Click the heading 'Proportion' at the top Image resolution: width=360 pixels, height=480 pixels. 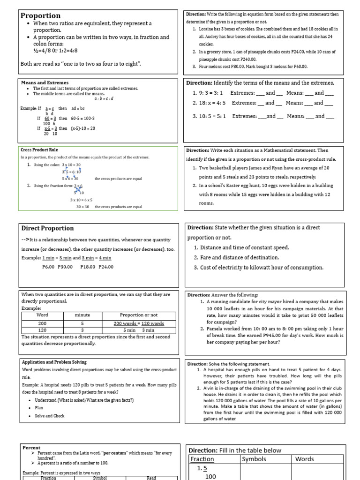tap(41, 15)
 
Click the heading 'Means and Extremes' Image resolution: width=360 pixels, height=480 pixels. tap(45, 83)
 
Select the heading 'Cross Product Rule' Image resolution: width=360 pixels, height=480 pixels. tap(39, 150)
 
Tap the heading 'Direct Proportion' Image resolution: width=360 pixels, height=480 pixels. tap(47, 228)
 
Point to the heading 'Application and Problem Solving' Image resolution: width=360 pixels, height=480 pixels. tap(54, 362)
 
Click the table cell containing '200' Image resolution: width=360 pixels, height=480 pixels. tap(42, 323)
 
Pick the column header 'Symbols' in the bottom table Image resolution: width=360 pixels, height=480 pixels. tap(254, 459)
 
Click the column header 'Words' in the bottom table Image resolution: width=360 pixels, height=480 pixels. tap(305, 459)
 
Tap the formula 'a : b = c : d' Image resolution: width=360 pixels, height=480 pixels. tap(104, 99)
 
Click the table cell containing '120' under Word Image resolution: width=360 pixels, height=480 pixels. tap(42, 330)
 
